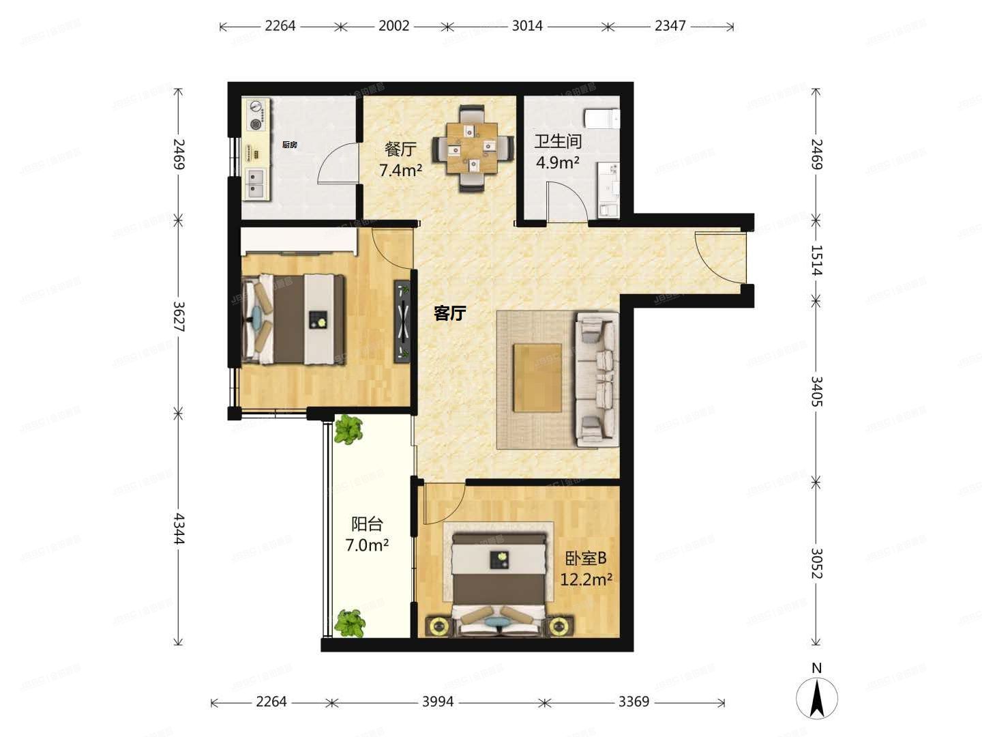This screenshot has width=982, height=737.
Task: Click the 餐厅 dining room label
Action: point(400,149)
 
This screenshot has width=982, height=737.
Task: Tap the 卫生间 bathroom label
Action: point(557,141)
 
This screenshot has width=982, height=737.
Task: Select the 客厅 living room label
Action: point(450,313)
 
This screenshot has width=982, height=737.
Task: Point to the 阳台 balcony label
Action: point(367,524)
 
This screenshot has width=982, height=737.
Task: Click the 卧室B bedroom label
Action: point(585,558)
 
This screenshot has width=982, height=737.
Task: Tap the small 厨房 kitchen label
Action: point(289,145)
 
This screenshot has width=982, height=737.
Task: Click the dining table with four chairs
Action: point(473,147)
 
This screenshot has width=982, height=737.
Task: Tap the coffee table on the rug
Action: point(537,377)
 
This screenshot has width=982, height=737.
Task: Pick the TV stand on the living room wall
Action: point(402,321)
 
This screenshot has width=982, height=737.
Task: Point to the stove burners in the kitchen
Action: point(256,115)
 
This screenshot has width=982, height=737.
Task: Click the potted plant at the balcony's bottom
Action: point(349,622)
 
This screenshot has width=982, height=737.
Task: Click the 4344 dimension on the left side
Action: point(179,529)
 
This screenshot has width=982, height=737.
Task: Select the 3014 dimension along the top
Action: point(527,26)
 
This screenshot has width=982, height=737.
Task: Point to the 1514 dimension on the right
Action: point(816,260)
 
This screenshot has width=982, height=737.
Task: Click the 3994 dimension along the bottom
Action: point(437,702)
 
